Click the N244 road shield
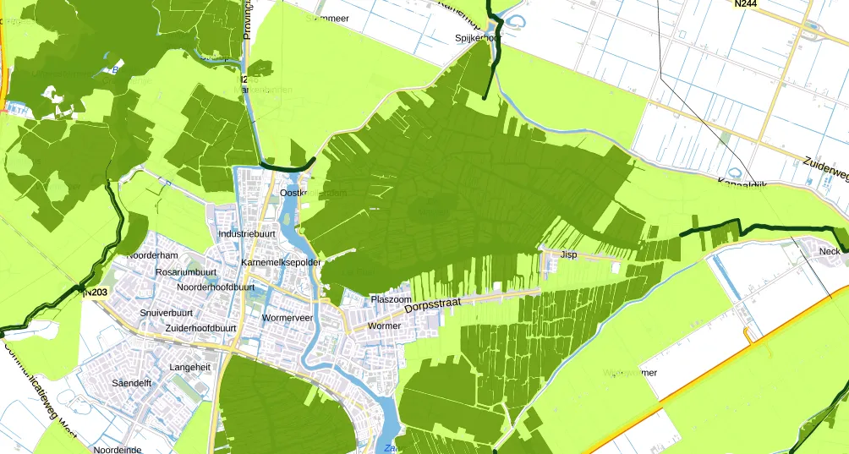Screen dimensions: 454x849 tap(745, 4)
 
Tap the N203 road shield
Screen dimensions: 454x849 tap(96, 293)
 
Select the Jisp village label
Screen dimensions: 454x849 tap(568, 254)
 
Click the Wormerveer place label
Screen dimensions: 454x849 tap(288, 318)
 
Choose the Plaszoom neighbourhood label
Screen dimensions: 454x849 tap(391, 300)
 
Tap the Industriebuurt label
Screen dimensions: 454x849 tap(248, 233)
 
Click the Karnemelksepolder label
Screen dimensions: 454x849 tap(281, 263)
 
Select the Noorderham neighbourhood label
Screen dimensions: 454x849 tap(152, 255)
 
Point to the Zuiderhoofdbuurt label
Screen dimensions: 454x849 tap(200, 328)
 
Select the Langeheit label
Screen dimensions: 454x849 tap(190, 368)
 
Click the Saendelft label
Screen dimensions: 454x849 tap(131, 383)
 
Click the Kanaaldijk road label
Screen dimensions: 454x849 tap(742, 184)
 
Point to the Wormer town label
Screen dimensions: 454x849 tap(385, 325)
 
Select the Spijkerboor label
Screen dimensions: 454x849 tap(479, 38)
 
